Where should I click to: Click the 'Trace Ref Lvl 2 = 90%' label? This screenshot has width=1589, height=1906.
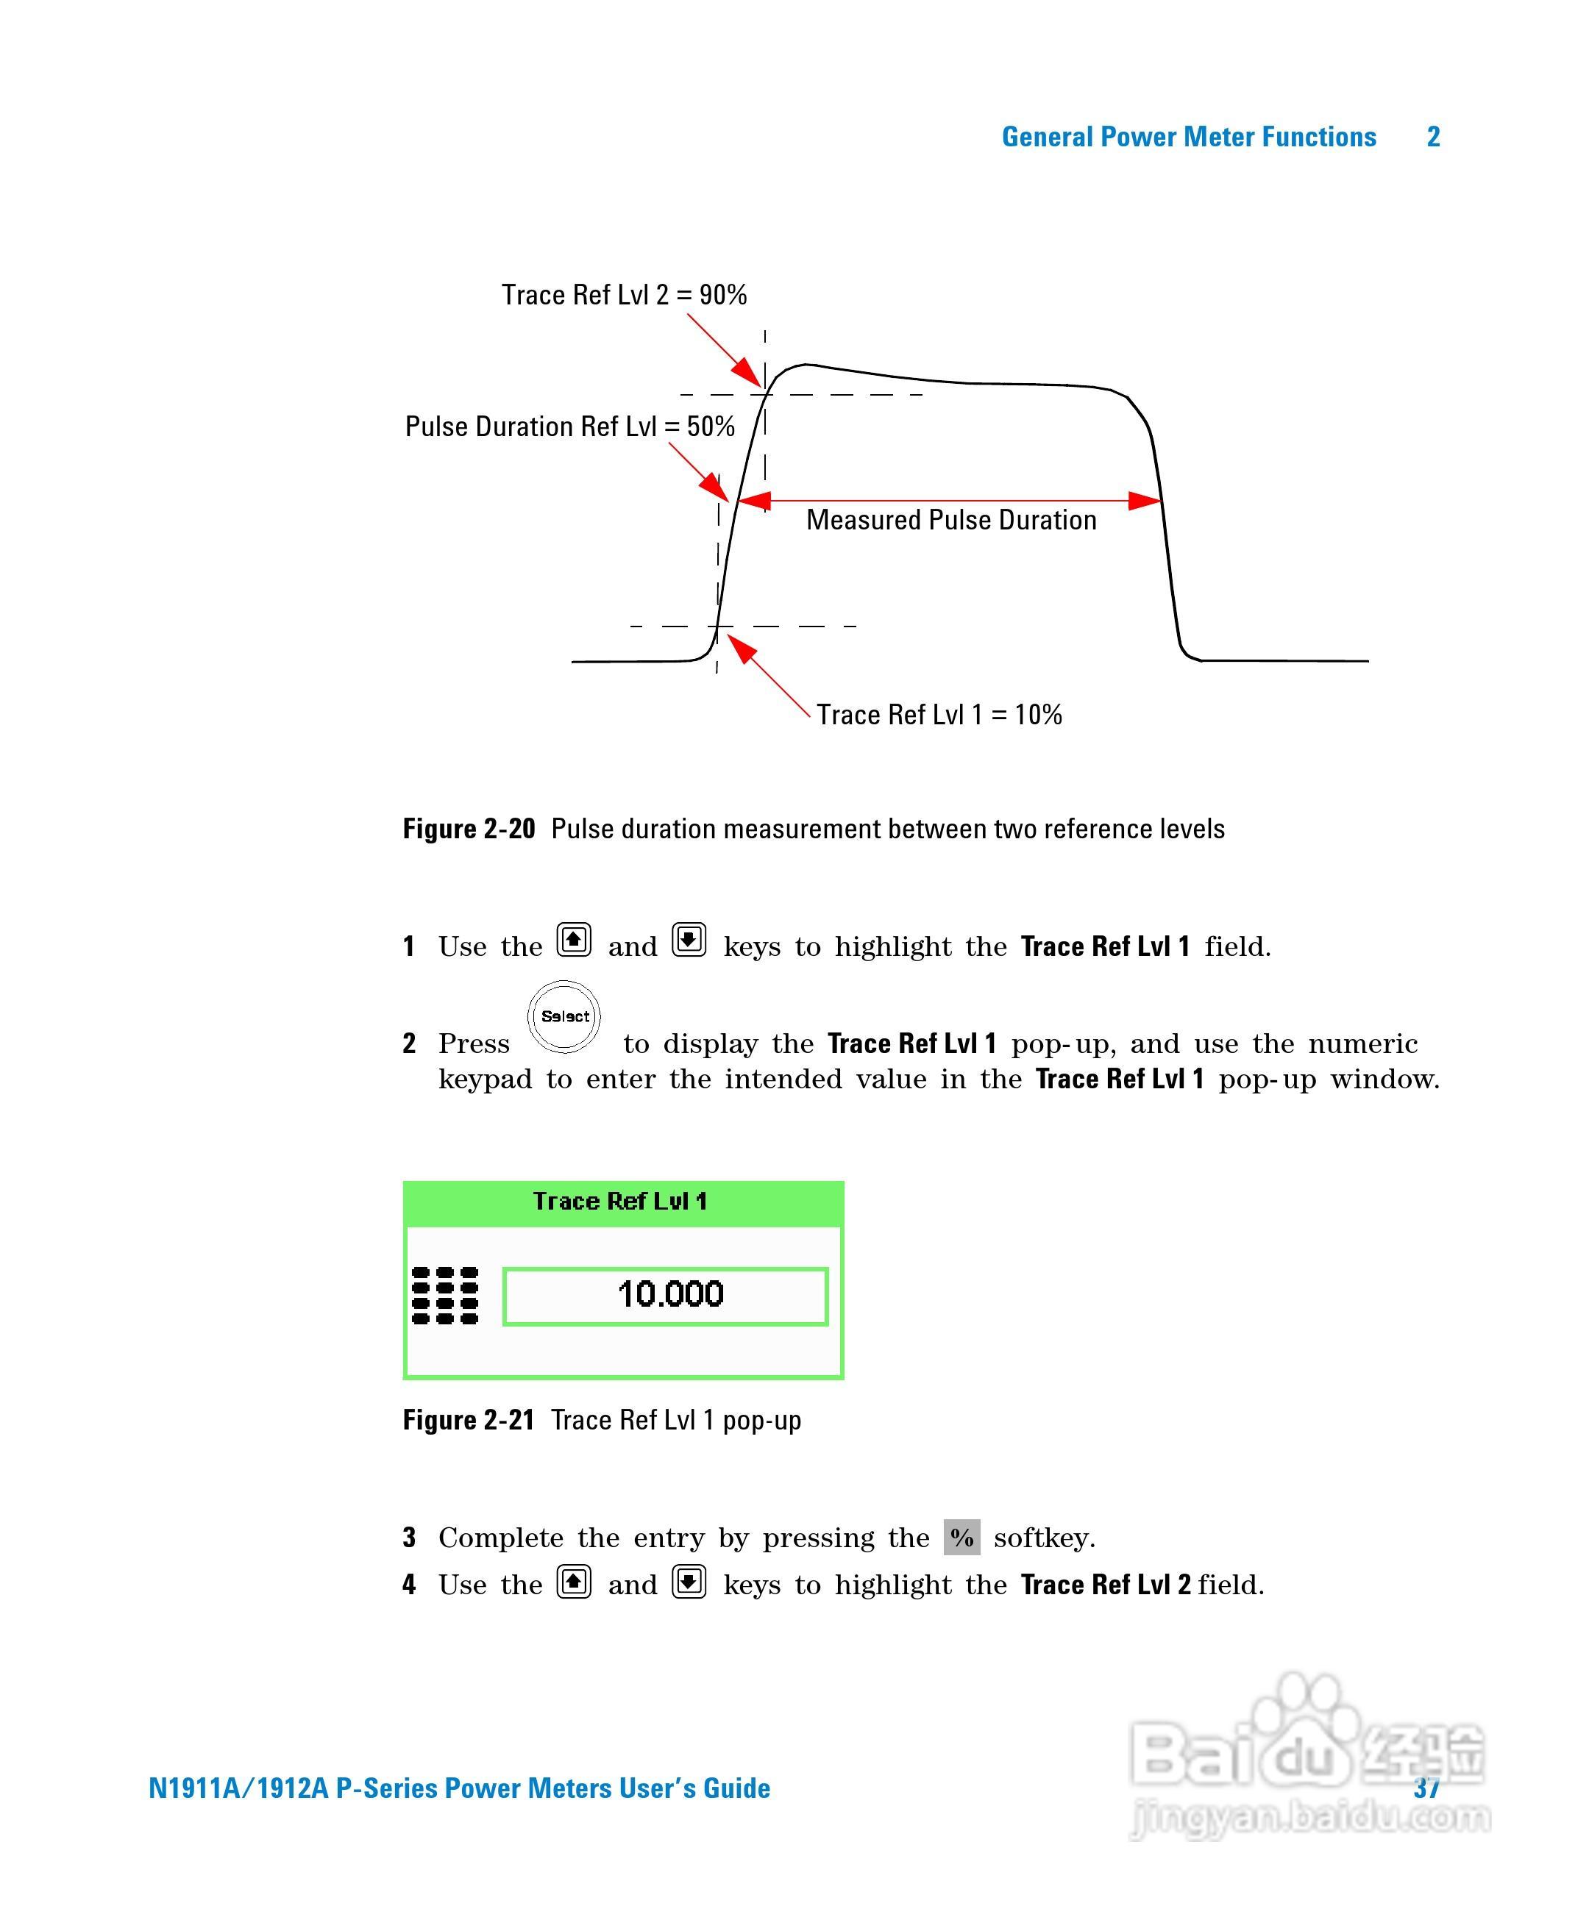click(624, 295)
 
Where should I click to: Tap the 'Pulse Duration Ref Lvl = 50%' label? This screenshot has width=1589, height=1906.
click(569, 426)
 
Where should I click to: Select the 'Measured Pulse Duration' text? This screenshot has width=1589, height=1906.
click(950, 520)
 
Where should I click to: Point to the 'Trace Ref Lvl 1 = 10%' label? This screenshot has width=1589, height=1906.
click(939, 715)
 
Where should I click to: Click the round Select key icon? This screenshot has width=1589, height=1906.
click(564, 1016)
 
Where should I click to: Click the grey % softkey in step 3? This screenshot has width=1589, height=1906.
click(961, 1538)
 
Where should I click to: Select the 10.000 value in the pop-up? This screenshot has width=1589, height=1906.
click(670, 1294)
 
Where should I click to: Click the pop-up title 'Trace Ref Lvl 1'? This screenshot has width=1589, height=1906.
click(620, 1202)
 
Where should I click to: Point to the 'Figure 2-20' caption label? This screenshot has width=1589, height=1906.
click(469, 829)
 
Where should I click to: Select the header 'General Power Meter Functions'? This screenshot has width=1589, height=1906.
click(1189, 137)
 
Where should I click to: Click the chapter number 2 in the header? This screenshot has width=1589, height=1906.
click(1434, 137)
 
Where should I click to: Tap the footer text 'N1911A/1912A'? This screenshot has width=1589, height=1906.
click(238, 1788)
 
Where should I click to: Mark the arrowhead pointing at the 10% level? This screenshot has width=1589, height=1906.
click(740, 647)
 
